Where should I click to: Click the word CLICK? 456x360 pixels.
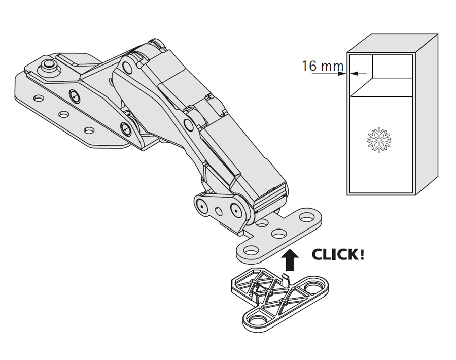338,255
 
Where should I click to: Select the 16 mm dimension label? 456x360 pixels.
323,66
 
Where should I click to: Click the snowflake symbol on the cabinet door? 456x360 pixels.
379,140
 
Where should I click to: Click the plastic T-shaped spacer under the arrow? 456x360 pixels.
279,299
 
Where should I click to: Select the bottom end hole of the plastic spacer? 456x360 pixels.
256,320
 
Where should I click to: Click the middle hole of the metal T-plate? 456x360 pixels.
279,233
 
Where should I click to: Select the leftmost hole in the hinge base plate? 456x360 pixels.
38,98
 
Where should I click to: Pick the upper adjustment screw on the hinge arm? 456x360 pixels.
75,95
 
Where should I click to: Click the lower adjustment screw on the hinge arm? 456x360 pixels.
126,128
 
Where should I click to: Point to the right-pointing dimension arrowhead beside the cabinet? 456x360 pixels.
342,74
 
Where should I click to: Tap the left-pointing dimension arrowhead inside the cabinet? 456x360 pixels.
354,74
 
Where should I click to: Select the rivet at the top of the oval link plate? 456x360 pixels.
127,68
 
